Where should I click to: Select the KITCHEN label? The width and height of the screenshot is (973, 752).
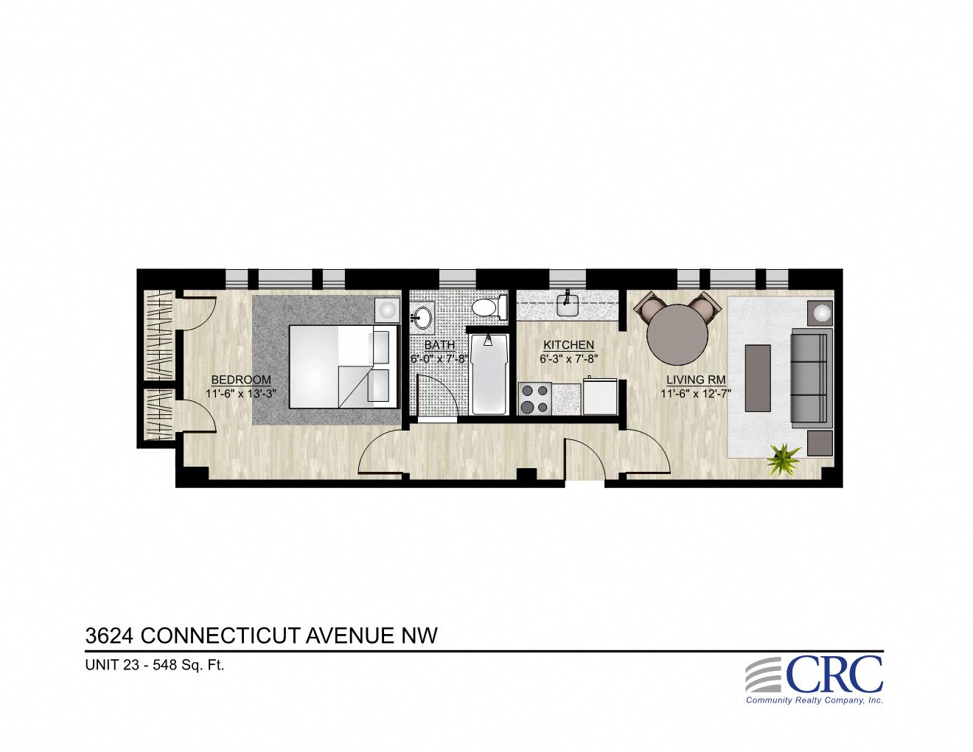568,345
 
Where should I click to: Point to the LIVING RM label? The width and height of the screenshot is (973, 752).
696,380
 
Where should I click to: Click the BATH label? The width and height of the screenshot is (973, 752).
439,345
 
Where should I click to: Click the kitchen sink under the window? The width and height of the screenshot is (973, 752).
568,304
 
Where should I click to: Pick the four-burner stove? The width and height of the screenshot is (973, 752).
534,398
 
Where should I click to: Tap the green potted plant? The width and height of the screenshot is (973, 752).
783,460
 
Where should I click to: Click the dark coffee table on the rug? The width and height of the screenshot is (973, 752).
758,377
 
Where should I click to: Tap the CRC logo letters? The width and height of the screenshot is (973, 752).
834,674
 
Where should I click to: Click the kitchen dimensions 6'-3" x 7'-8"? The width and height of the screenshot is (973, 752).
568,359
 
